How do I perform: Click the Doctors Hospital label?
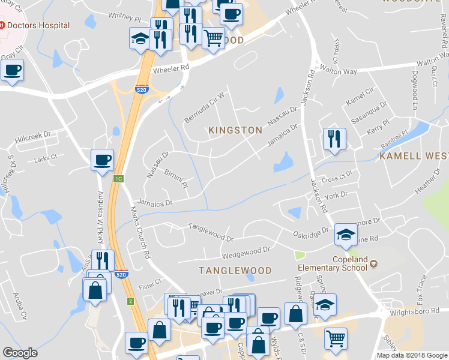tap(34, 26)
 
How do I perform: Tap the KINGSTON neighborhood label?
tap(235, 130)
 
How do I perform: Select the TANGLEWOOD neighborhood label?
tap(235, 271)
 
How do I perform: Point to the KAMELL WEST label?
tap(414, 156)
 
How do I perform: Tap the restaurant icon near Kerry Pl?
tap(334, 139)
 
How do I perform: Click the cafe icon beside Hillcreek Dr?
tap(102, 160)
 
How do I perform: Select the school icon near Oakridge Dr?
tap(346, 234)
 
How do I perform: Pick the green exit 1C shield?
tap(119, 179)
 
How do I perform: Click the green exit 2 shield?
tap(130, 301)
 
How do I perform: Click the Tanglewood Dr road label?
tap(210, 231)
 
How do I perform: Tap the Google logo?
tap(20, 353)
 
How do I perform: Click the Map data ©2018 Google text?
tap(411, 355)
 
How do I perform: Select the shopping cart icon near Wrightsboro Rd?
tap(336, 338)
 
